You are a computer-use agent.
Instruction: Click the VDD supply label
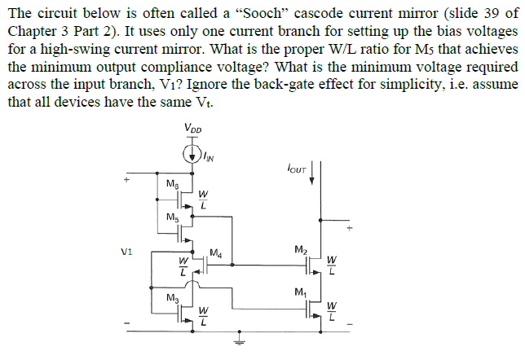tap(194, 129)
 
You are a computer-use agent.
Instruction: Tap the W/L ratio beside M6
tap(203, 200)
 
